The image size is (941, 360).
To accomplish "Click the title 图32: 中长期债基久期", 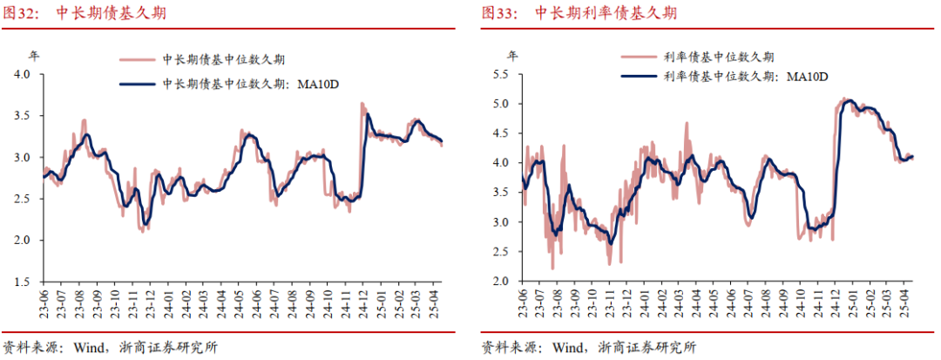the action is click(85, 13).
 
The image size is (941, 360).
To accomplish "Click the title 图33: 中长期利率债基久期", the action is click(579, 13).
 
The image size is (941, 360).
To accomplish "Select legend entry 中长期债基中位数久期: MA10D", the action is click(230, 84).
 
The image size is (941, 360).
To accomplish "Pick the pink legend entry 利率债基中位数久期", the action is click(697, 58).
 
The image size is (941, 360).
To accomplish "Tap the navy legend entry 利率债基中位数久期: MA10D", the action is click(724, 76).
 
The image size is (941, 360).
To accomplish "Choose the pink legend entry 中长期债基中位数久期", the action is click(202, 60).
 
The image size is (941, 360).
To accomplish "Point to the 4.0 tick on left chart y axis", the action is click(29, 74).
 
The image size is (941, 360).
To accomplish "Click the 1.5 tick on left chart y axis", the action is click(29, 282).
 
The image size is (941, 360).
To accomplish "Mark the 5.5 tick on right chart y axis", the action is click(508, 74).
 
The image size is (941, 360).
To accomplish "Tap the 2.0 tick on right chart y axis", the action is click(508, 282).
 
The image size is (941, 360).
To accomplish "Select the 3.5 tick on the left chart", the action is click(29, 116).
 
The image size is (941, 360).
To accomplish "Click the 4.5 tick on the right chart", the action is click(508, 133).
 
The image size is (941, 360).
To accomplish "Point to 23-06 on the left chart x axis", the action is click(44, 300).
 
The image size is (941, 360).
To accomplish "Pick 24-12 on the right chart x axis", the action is click(837, 300).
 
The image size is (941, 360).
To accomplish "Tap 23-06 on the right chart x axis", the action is click(522, 300).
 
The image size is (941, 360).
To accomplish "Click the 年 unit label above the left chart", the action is click(34, 57).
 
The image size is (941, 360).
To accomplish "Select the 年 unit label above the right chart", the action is click(512, 57).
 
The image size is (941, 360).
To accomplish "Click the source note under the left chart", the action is click(111, 347).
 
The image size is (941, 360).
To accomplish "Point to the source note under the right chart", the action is click(589, 347).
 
